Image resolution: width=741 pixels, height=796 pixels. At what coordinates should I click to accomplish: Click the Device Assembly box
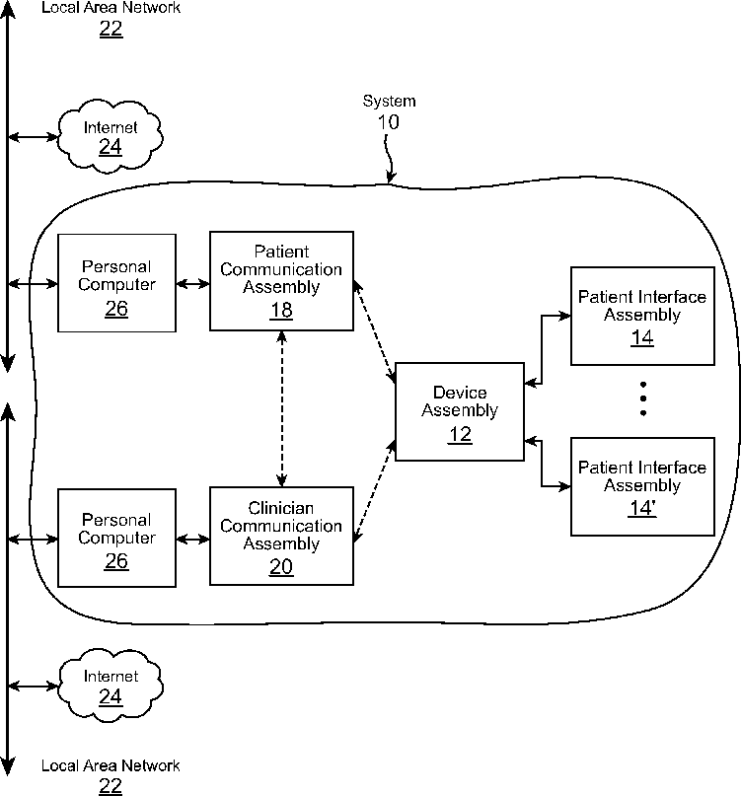[x=459, y=410]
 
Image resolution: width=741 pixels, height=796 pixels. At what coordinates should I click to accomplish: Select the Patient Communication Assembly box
[x=281, y=280]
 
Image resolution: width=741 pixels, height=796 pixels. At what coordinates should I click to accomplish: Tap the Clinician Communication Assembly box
[x=281, y=536]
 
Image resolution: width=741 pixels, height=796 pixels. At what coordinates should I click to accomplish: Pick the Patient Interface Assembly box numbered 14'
[x=641, y=486]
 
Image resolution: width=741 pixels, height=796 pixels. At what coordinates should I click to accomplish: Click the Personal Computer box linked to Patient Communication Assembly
[x=116, y=283]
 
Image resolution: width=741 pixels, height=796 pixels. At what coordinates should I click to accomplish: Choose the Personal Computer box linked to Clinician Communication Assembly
[x=116, y=536]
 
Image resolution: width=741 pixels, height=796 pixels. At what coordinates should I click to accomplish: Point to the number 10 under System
[x=389, y=122]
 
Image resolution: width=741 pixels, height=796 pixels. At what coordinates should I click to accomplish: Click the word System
[x=389, y=102]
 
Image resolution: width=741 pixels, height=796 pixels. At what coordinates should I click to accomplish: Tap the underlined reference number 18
[x=282, y=311]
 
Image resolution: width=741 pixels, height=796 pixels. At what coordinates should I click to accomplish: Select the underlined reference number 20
[x=282, y=566]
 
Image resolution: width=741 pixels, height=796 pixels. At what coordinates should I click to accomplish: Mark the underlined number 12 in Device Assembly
[x=459, y=434]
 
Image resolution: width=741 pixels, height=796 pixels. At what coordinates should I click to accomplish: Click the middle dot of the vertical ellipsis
[x=642, y=398]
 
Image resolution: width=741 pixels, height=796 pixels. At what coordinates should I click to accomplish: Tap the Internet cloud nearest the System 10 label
[x=110, y=136]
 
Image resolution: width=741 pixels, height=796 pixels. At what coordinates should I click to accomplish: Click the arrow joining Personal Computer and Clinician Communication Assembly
[x=192, y=539]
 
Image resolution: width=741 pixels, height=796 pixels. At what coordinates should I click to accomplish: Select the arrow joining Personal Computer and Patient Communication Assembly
[x=192, y=284]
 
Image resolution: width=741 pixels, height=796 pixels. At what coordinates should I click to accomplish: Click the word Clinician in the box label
[x=281, y=508]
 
